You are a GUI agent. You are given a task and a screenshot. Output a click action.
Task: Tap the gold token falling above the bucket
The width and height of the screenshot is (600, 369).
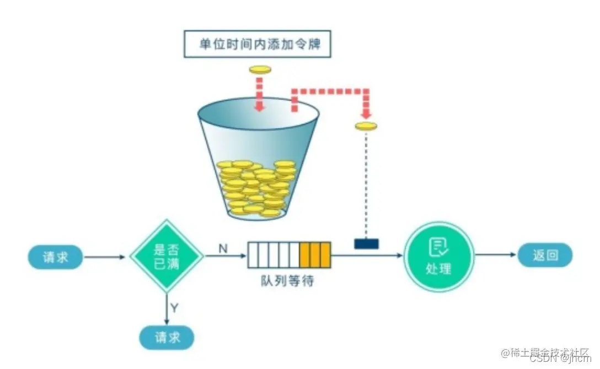[x=260, y=69]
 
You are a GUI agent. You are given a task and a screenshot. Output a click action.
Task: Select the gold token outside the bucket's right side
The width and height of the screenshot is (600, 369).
[x=366, y=126]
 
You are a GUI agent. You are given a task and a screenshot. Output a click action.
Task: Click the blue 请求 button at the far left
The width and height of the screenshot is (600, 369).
[x=56, y=257]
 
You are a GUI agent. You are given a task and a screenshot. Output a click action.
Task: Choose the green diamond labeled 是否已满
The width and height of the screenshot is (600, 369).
[x=167, y=257]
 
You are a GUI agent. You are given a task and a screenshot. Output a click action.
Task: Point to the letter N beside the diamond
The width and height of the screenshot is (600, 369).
[x=223, y=248]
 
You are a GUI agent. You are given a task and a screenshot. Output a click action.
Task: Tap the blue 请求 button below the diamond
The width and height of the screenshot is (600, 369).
[x=167, y=337]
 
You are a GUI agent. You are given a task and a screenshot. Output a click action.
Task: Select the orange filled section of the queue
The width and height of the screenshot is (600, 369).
[x=314, y=254]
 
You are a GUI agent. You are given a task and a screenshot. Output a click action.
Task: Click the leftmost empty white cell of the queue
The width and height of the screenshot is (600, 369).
[x=253, y=254]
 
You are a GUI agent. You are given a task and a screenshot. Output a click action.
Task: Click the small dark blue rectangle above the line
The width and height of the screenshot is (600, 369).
[x=366, y=243]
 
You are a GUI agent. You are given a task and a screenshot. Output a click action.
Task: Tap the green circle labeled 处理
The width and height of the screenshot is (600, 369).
[x=439, y=257]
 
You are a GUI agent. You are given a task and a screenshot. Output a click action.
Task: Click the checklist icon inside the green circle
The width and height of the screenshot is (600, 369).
[x=439, y=248]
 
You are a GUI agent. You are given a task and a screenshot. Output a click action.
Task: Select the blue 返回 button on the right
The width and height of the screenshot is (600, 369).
[x=545, y=256]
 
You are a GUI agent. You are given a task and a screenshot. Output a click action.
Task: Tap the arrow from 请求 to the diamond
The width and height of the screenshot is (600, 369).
[x=106, y=257]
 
